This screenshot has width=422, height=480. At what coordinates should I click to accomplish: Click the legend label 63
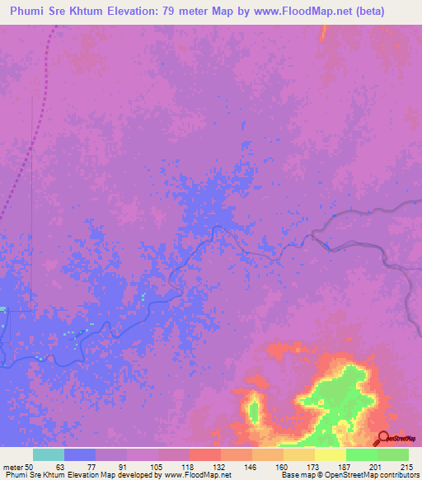coord(60,467)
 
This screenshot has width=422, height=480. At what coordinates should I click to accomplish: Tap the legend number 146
coord(251,467)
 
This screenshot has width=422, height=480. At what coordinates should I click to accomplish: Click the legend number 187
coord(345,467)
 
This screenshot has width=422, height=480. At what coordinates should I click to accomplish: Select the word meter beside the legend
coord(13,467)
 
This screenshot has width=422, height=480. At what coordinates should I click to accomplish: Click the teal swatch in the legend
coord(48,454)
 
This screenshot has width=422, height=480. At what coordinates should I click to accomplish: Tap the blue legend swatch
coord(79,454)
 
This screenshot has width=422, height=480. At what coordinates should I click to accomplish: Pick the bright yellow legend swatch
coord(330,454)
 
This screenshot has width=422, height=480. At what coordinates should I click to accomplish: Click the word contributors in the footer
coord(397,475)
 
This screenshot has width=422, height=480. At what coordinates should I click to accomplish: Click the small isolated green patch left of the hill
coord(253,410)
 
